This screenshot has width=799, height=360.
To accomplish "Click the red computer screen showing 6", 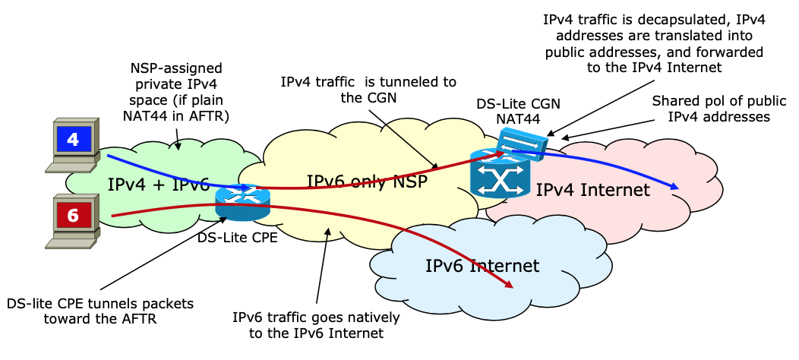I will pos(73,215).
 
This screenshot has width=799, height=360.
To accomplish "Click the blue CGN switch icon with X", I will pos(500,177).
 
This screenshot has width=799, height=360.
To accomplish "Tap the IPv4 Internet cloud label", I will pos(593,189).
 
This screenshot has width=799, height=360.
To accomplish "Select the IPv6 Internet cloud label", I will pos(482,266).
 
